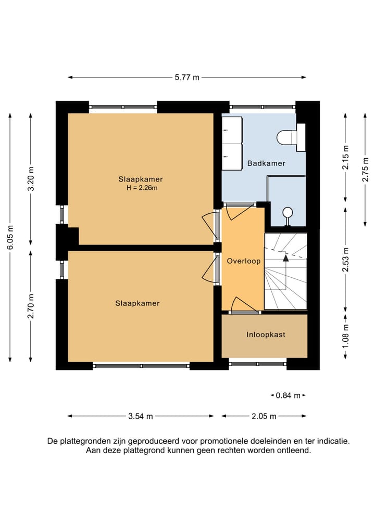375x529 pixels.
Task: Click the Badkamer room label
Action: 266,163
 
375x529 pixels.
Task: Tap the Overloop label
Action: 244,261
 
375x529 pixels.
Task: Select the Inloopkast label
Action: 266,334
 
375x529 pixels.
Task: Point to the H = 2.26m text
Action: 142,188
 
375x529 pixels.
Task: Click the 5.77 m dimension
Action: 187,78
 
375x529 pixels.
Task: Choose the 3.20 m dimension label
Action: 31,178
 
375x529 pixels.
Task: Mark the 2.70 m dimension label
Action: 31,306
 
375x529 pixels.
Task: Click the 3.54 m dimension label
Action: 141,416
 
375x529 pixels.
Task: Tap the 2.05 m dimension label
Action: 264,416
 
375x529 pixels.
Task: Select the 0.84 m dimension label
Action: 288,395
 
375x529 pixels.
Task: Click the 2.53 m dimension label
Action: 345,259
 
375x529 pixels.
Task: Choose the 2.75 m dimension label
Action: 365,170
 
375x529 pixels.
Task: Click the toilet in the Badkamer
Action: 291,137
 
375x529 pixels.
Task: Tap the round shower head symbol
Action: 288,213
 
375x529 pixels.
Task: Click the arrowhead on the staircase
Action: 286,258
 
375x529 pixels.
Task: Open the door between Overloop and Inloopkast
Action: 244,305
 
